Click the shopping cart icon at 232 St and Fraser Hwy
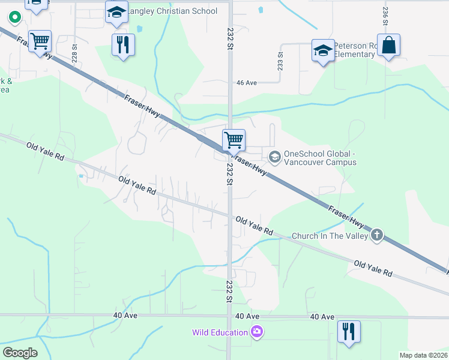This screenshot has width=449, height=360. [234, 140]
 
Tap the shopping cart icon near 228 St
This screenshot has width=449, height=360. [40, 42]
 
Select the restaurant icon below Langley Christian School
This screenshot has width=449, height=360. [123, 44]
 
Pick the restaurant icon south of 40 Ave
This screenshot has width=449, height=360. [349, 331]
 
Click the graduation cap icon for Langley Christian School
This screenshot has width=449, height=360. [116, 12]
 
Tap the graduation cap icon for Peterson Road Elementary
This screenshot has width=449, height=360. [323, 50]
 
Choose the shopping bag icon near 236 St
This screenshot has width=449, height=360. [388, 45]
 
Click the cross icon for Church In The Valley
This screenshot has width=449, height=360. [377, 235]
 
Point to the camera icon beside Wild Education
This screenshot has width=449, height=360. [257, 332]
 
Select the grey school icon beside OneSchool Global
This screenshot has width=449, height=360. [275, 157]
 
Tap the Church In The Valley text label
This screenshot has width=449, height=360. [330, 236]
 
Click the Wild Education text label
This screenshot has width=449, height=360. [220, 332]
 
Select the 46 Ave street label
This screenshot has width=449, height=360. [247, 83]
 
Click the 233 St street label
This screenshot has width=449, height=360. [280, 61]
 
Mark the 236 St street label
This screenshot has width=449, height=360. [385, 14]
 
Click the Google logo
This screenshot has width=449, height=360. [20, 353]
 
